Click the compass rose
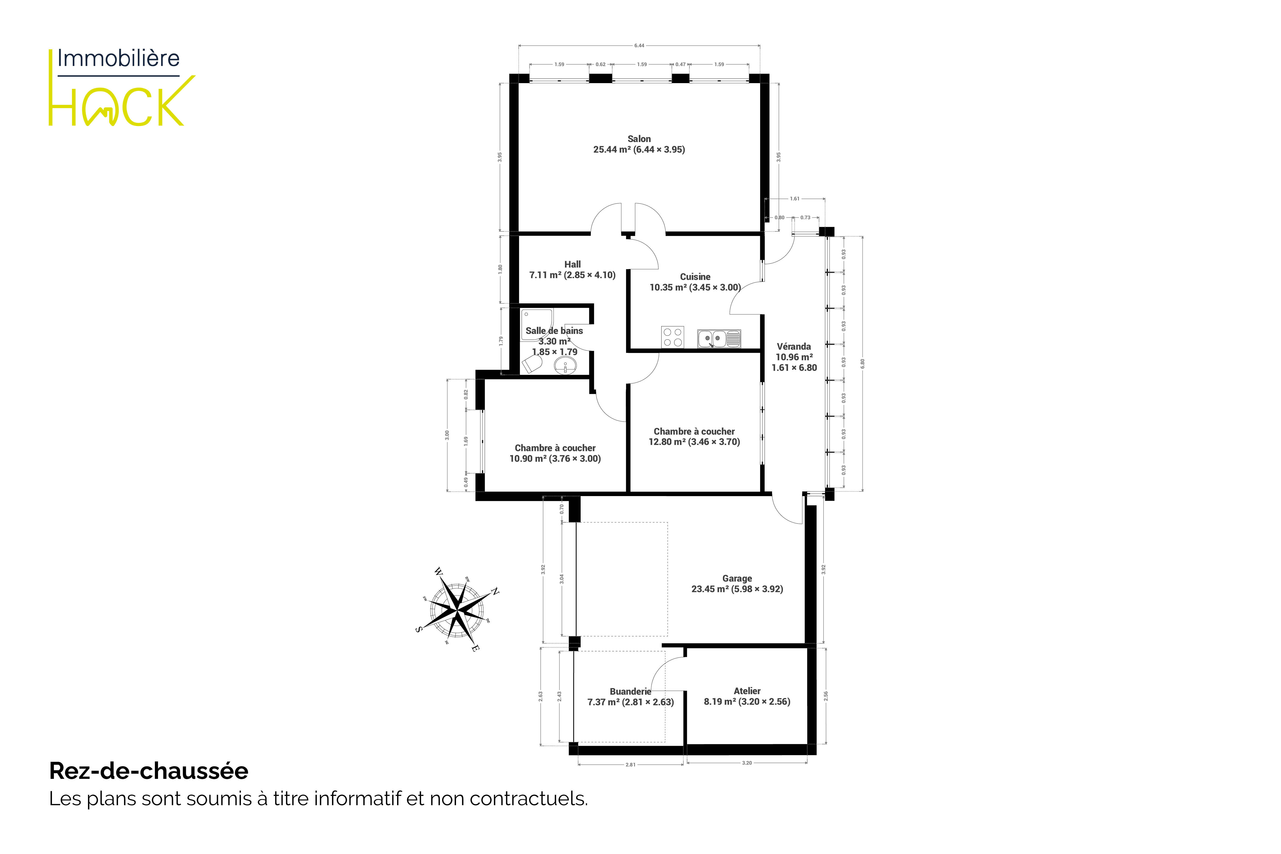[x=458, y=608]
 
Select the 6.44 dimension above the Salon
[x=639, y=46]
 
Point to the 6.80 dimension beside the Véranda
[x=862, y=364]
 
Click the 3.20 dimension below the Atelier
[x=747, y=763]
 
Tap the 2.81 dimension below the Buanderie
[x=630, y=765]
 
